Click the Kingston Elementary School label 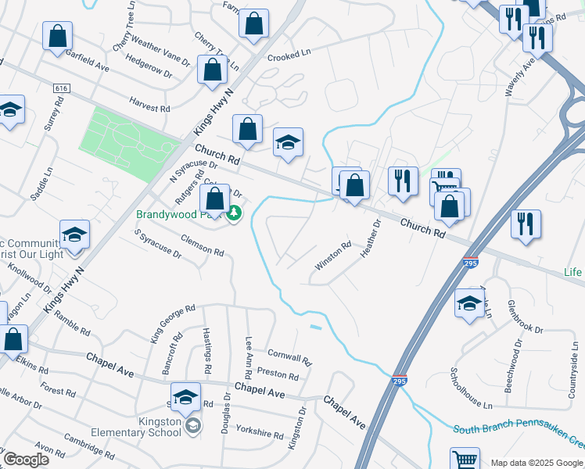tap(147, 425)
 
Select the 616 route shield tap(61, 88)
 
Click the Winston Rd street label tap(332, 256)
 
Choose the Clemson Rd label tap(202, 246)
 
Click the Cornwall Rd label tap(289, 356)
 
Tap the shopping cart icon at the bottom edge tap(465, 459)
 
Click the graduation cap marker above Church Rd tap(288, 142)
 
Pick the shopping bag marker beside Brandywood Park tap(214, 199)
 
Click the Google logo tap(27, 460)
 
